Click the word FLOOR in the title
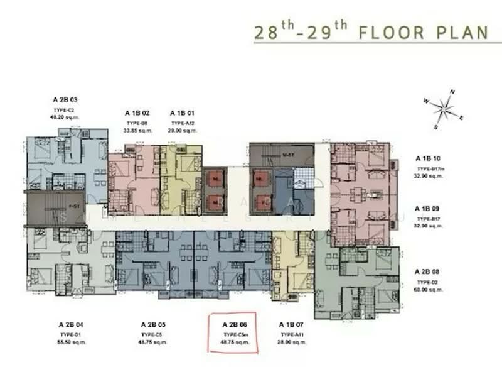point(395,32)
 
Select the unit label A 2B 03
point(65,100)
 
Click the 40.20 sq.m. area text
point(65,117)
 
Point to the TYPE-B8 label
point(136,123)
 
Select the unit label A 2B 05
point(154,324)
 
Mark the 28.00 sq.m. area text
point(292,342)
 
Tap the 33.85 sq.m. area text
point(136,131)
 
